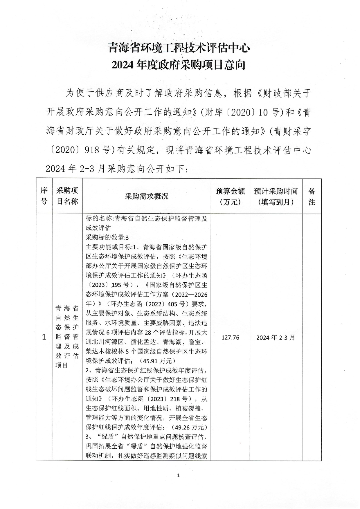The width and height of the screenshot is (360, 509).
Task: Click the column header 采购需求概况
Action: (x=146, y=196)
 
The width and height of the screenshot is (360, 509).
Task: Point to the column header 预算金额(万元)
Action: (x=230, y=196)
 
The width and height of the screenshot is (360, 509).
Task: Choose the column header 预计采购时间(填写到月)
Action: (x=276, y=196)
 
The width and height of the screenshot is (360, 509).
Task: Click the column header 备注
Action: (x=312, y=196)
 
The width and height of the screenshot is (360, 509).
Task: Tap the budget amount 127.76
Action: (x=230, y=337)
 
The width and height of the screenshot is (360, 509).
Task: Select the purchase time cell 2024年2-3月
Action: (x=276, y=337)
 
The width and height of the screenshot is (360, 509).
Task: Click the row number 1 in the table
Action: (x=44, y=337)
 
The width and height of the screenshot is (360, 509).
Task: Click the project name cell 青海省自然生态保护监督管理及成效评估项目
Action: (x=67, y=337)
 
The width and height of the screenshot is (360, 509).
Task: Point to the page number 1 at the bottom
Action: (x=178, y=475)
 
